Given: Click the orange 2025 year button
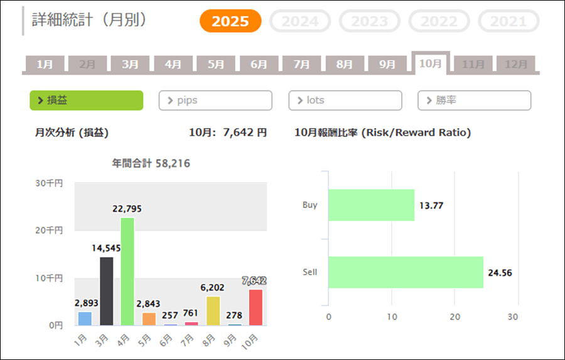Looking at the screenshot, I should pyautogui.click(x=230, y=21).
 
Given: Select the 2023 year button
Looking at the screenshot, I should pyautogui.click(x=369, y=21).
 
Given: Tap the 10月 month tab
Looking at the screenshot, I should pyautogui.click(x=431, y=63).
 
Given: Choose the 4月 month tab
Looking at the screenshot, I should pyautogui.click(x=173, y=64).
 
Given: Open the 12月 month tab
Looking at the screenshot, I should pyautogui.click(x=516, y=64).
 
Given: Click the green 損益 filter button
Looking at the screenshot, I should pyautogui.click(x=86, y=101).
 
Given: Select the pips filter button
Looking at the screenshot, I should pyautogui.click(x=215, y=101).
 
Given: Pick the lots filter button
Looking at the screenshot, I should pyautogui.click(x=345, y=101).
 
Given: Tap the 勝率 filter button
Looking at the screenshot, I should pyautogui.click(x=474, y=101).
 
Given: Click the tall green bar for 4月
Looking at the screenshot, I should pyautogui.click(x=127, y=271).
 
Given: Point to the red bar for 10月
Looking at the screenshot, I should pyautogui.click(x=256, y=307).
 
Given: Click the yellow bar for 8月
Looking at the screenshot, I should pyautogui.click(x=213, y=310).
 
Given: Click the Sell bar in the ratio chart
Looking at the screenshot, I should pyautogui.click(x=406, y=272).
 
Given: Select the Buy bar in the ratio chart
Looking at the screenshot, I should pyautogui.click(x=372, y=205).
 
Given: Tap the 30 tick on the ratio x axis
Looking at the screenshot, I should pyautogui.click(x=513, y=317).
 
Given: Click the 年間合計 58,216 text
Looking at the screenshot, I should pyautogui.click(x=151, y=163).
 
